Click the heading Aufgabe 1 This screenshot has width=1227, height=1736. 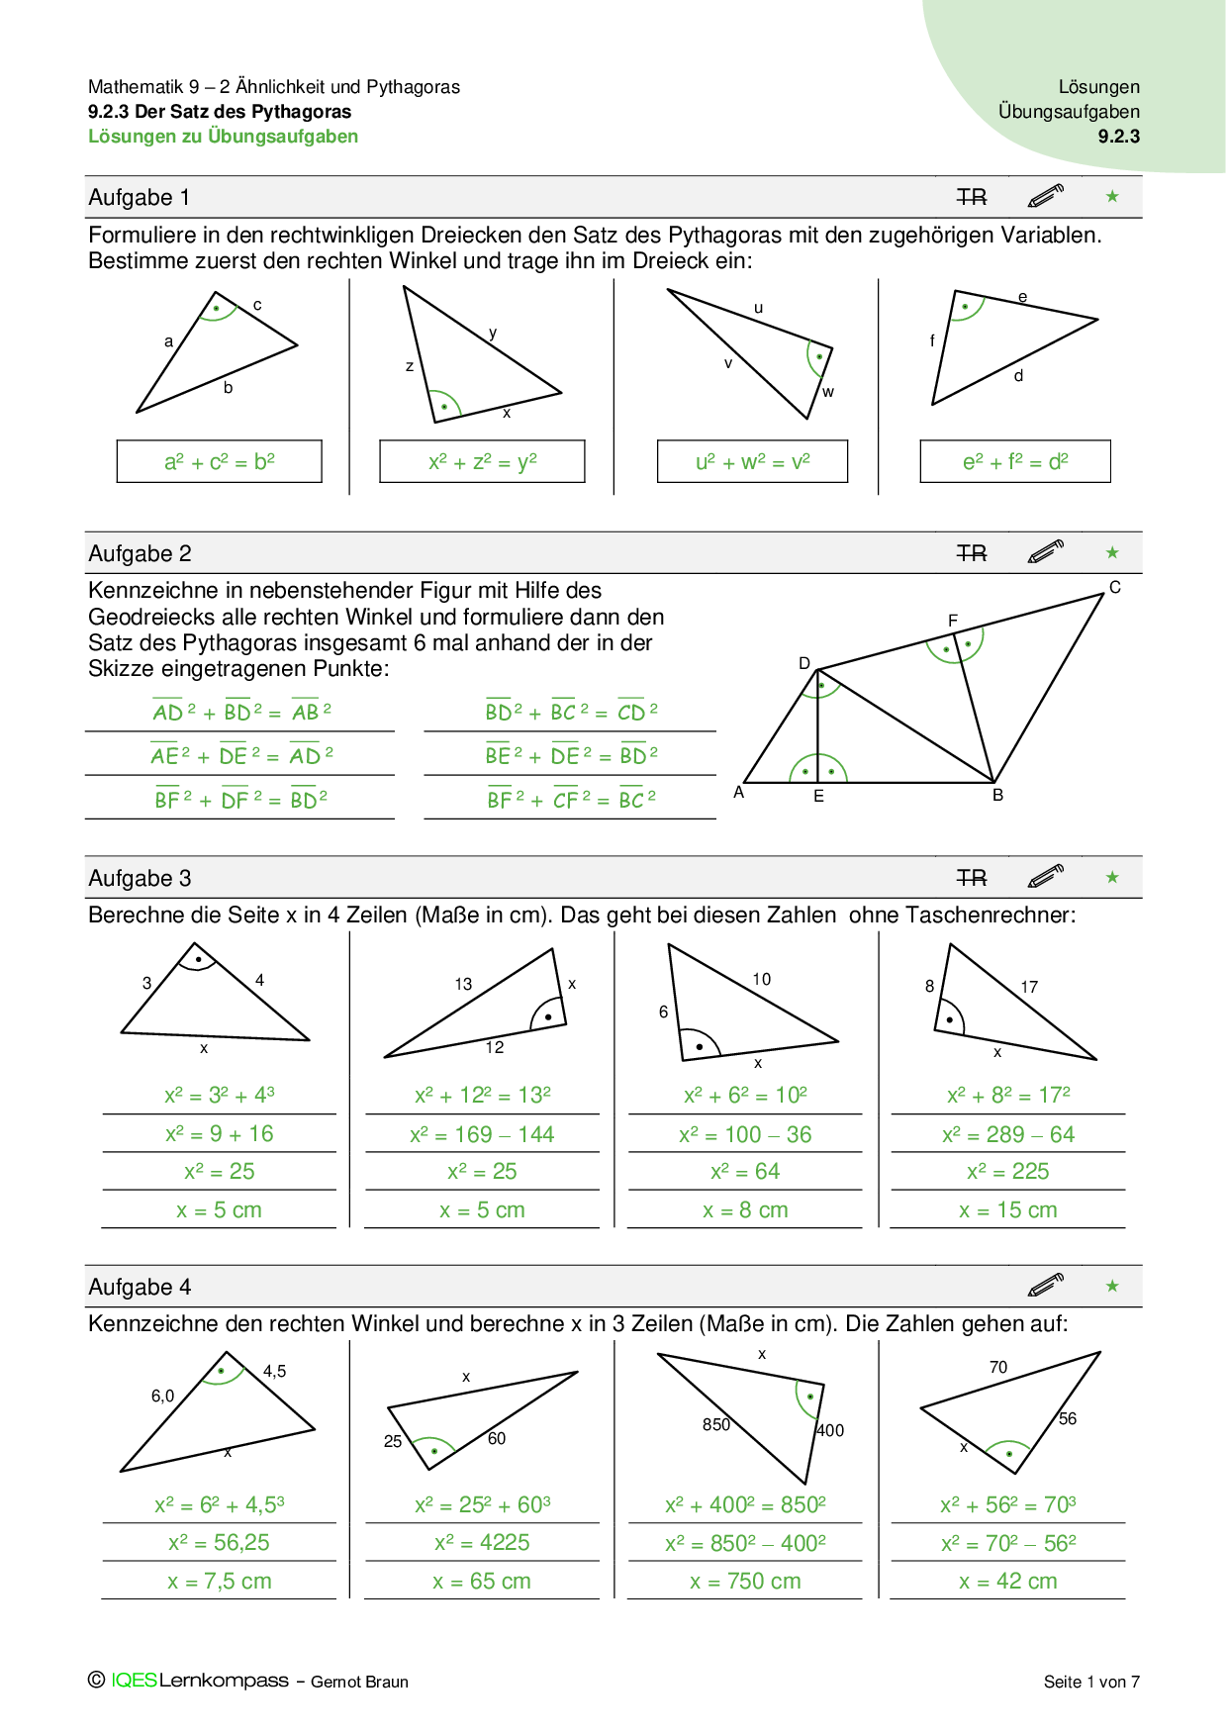[139, 197]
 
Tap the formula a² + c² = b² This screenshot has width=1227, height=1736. [219, 461]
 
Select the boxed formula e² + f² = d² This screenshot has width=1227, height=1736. [1014, 461]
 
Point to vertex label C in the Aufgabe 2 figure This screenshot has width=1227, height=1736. [1114, 587]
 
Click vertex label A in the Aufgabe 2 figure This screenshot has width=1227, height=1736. [738, 792]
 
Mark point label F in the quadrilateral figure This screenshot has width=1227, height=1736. [952, 621]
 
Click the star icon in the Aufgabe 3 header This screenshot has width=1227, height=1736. [1112, 877]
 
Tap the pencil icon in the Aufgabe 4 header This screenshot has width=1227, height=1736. [1045, 1285]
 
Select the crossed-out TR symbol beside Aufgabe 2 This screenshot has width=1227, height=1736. [972, 553]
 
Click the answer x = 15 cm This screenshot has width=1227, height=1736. [1007, 1209]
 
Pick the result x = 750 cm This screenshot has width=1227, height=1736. [745, 1581]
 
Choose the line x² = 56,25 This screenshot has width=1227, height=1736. [219, 1542]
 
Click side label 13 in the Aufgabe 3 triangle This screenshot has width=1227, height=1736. [463, 984]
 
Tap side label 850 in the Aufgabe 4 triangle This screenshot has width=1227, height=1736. [715, 1424]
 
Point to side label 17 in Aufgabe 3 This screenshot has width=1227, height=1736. [1029, 987]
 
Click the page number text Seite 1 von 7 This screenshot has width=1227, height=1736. [1091, 1682]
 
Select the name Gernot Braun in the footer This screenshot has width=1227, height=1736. [359, 1682]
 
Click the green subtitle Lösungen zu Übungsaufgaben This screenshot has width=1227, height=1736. [223, 137]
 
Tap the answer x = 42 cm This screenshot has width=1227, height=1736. [1007, 1581]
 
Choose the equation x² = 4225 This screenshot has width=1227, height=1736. [482, 1542]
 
